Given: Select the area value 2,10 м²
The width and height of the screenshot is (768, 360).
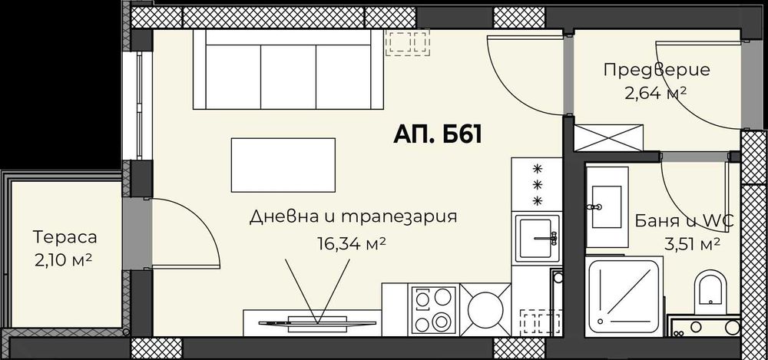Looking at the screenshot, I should tap(65, 259).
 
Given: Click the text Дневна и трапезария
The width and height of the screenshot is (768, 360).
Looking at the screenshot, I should tap(353, 216).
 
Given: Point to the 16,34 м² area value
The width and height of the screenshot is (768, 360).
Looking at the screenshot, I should tap(351, 244).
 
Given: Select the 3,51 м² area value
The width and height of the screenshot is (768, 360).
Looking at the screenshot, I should tap(690, 245).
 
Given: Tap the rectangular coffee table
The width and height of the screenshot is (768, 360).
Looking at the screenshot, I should tap(283, 165).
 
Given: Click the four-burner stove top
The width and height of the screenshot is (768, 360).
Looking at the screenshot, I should tap(435, 309).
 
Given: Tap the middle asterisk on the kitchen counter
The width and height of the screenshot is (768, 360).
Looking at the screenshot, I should tap(538, 184).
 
